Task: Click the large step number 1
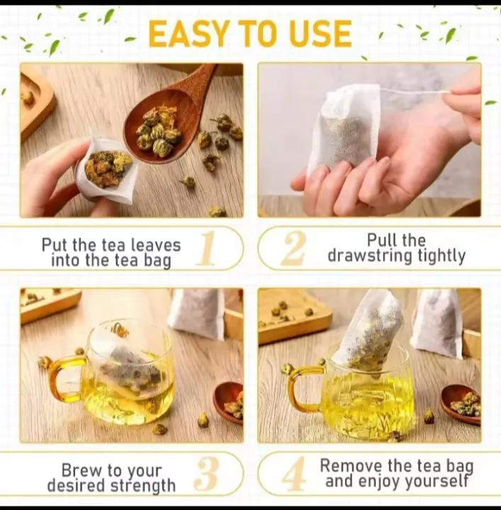point(206,249)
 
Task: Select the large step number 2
point(293,249)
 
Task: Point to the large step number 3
point(206,474)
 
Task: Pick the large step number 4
point(293,474)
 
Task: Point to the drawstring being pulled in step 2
point(415,91)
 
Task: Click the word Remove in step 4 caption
point(351,465)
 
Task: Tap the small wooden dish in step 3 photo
point(228,401)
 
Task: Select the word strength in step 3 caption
point(143,486)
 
